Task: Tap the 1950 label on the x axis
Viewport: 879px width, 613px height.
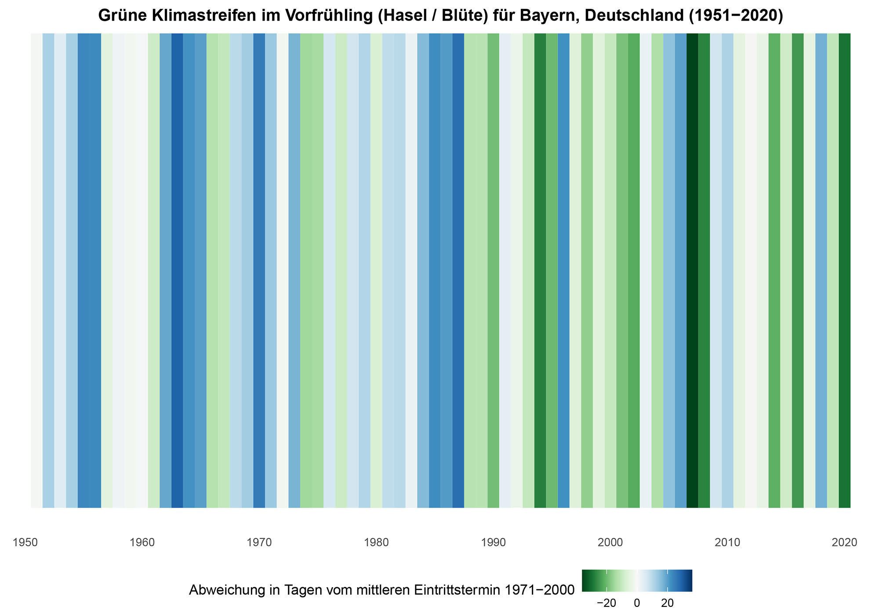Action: [25, 543]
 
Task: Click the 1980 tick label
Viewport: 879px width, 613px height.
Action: [377, 543]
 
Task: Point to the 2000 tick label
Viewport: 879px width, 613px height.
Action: [610, 543]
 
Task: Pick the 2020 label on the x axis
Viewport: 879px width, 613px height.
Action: [845, 543]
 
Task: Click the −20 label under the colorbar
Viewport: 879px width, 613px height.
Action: [606, 603]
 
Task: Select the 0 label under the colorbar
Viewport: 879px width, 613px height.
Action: [637, 603]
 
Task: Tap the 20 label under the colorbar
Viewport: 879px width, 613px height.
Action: [668, 603]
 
